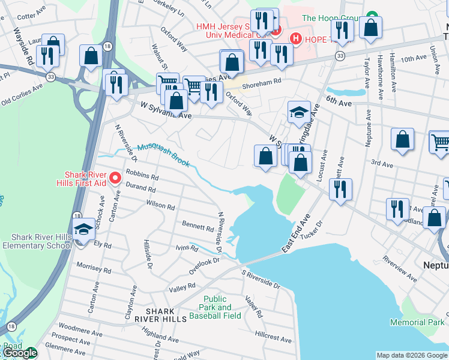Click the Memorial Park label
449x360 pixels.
[x=417, y=322]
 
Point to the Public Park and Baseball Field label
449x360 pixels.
[x=215, y=307]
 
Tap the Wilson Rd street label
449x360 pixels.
[x=160, y=206]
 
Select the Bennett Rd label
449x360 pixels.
[x=198, y=227]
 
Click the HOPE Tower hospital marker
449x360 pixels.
[x=295, y=38]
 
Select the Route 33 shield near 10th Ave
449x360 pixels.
[x=340, y=56]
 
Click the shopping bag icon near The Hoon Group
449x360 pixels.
[x=372, y=28]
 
